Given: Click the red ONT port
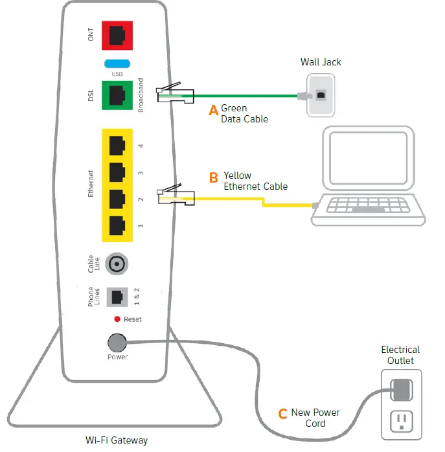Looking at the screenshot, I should pos(117,36).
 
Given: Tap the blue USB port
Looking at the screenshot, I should pos(117,63).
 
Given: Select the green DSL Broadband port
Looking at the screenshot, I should pos(117,95).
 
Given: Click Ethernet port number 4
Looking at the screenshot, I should pos(117,145).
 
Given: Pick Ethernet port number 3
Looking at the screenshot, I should pos(117,172).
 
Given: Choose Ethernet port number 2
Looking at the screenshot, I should pos(117,198).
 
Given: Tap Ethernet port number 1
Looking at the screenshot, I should pos(117,224).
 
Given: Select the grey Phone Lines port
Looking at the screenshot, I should pos(117,297).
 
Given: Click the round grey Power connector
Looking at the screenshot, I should pos(117,343).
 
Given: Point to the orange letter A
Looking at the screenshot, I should pos(213,111).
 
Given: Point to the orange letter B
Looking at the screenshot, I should pos(213,177).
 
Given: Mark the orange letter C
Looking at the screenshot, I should pos(282,414).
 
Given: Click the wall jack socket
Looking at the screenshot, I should pos(320,95).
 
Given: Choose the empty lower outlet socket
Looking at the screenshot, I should pos(400,421).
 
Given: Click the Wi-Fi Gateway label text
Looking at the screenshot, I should pos(117,441).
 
